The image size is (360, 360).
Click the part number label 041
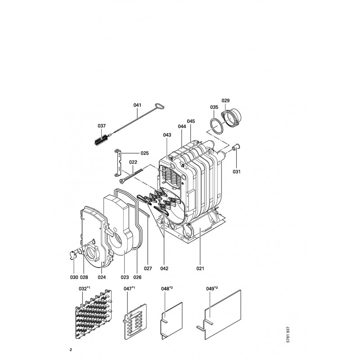(x=137, y=105)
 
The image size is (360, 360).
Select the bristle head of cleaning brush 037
(x=101, y=139)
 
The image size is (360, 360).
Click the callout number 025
(x=144, y=153)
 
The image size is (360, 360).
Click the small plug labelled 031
(x=235, y=147)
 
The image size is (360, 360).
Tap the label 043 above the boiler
(x=167, y=135)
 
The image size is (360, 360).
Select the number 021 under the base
(x=200, y=268)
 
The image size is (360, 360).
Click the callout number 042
(x=164, y=268)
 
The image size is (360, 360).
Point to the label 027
(x=148, y=268)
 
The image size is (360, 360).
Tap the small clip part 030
(x=73, y=255)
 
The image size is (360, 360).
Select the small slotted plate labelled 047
(x=135, y=321)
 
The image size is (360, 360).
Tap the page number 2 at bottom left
(x=71, y=350)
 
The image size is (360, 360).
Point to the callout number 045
(x=191, y=121)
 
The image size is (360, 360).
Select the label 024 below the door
(x=102, y=277)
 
